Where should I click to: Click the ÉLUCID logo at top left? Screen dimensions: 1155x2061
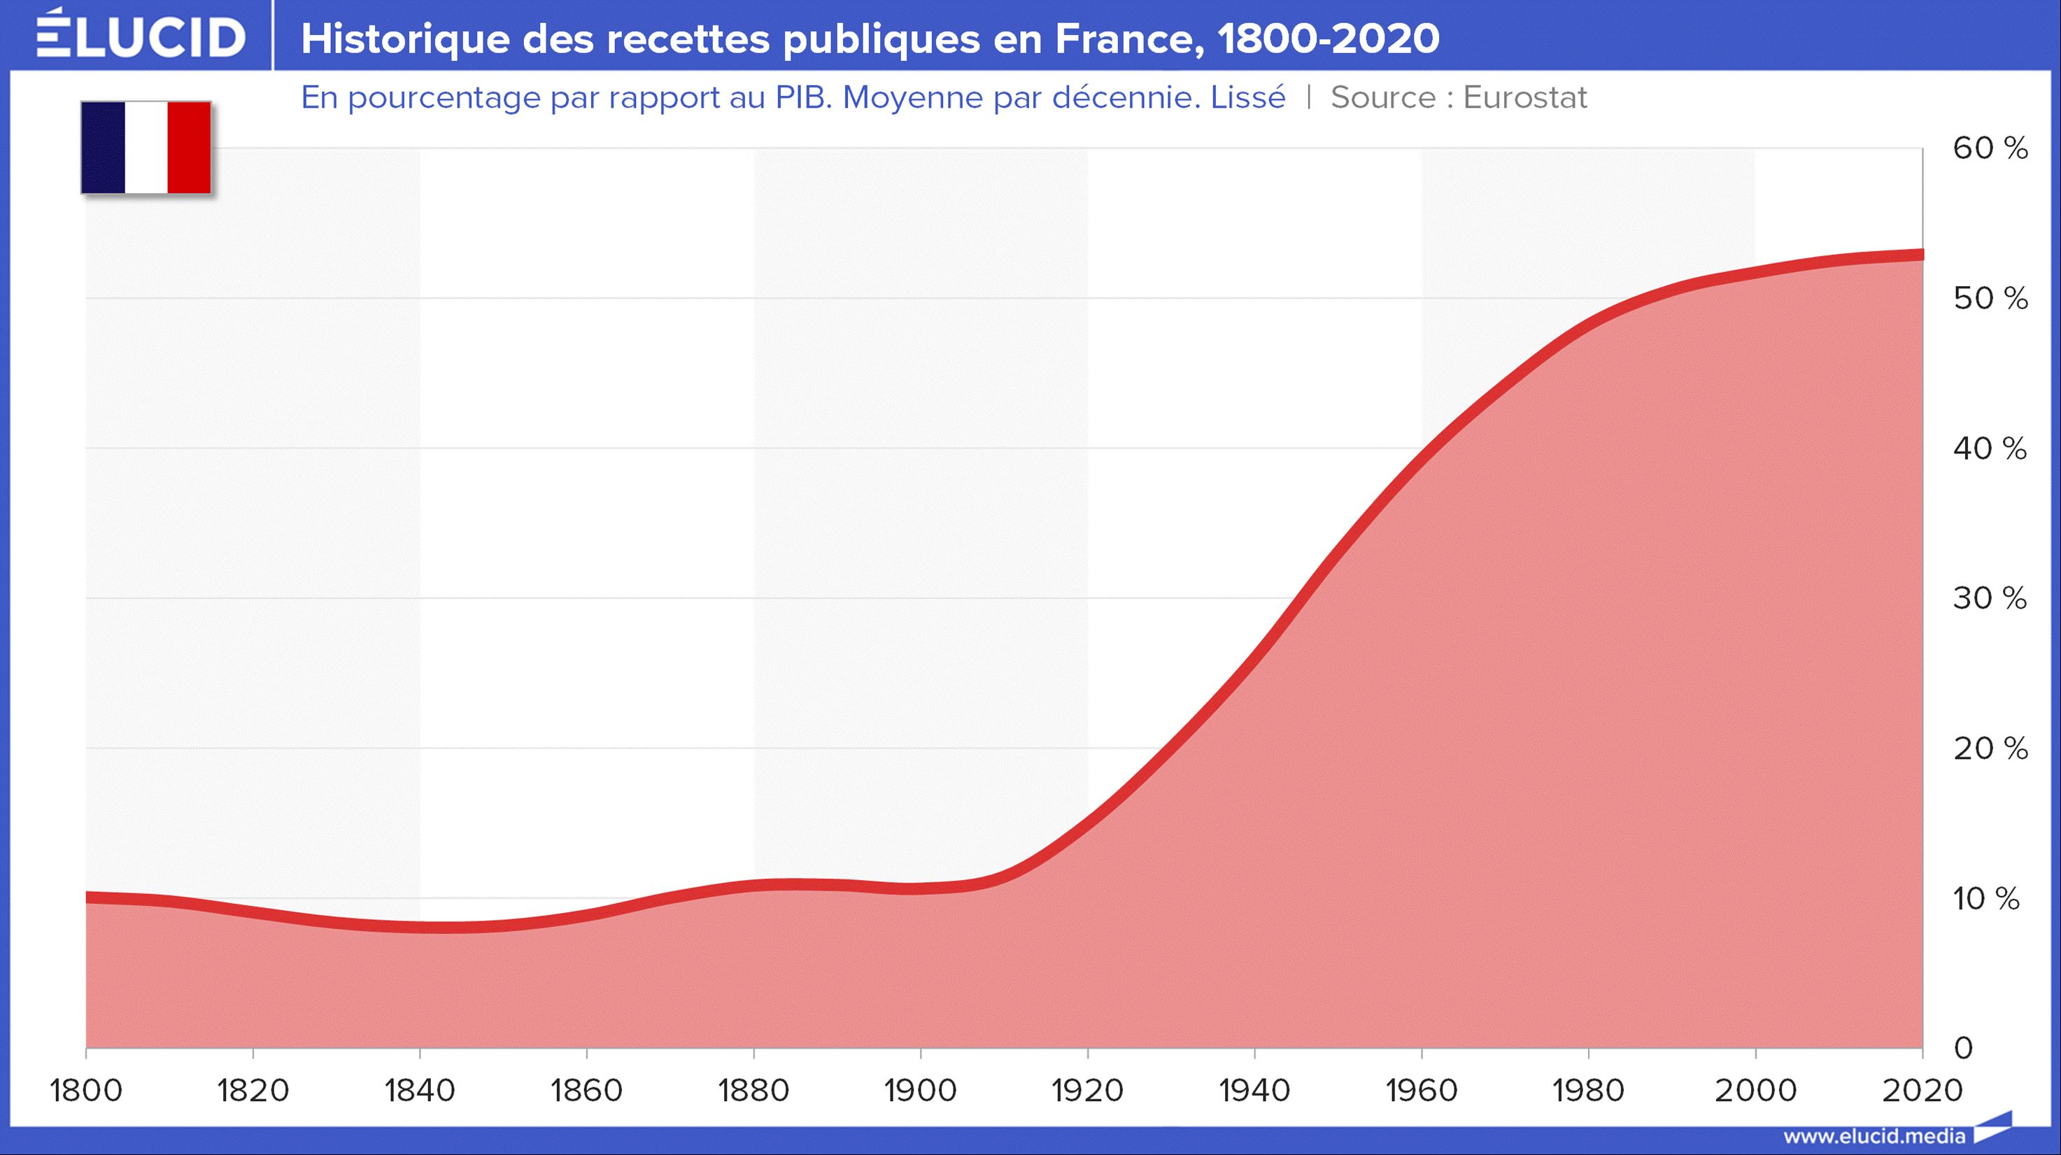[x=141, y=36]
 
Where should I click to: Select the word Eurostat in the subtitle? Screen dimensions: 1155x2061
[x=1525, y=97]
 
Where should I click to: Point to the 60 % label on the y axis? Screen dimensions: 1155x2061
[x=1990, y=149]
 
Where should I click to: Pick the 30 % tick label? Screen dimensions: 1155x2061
[x=1990, y=598]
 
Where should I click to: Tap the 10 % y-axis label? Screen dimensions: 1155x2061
[x=1985, y=899]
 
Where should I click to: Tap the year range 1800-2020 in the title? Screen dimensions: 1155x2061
[x=1328, y=38]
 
